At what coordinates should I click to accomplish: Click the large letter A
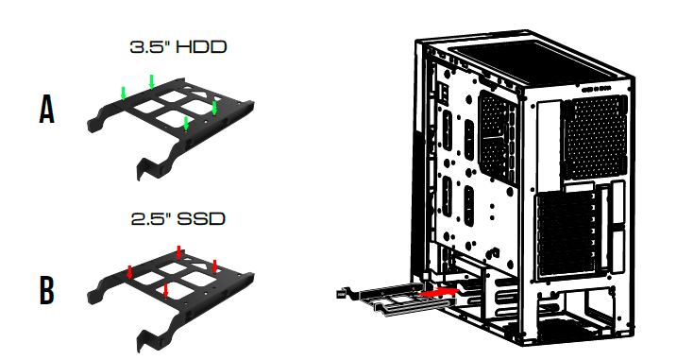46,111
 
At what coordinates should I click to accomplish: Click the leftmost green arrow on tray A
124,93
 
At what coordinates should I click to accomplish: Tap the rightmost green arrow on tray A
215,109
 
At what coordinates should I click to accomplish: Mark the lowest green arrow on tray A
187,123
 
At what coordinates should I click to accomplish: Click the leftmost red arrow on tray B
129,271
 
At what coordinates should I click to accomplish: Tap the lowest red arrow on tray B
165,288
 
